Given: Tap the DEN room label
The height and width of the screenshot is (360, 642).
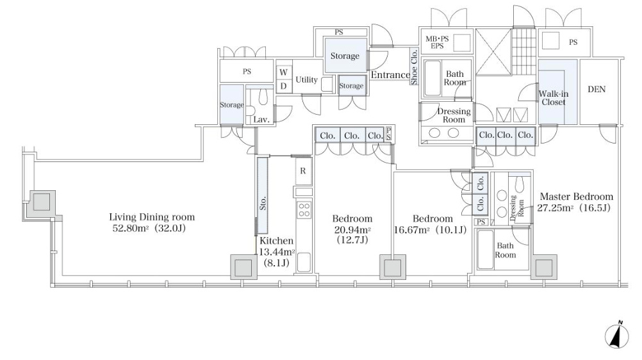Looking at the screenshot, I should click(596, 90).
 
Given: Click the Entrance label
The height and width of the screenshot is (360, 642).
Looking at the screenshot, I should click(390, 76).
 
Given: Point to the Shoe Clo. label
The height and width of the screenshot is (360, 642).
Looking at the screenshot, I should click(414, 70).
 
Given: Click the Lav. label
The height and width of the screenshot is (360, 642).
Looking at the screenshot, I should click(260, 120).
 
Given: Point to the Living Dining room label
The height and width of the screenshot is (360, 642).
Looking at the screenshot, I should click(152, 217).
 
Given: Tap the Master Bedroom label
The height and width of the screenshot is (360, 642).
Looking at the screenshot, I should click(576, 197).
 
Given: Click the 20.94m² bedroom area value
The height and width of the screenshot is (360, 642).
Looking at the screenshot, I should click(352, 229).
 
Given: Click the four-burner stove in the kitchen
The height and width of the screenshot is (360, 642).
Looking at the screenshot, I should click(304, 211).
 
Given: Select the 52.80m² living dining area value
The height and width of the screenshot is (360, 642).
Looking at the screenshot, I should click(131, 227).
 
